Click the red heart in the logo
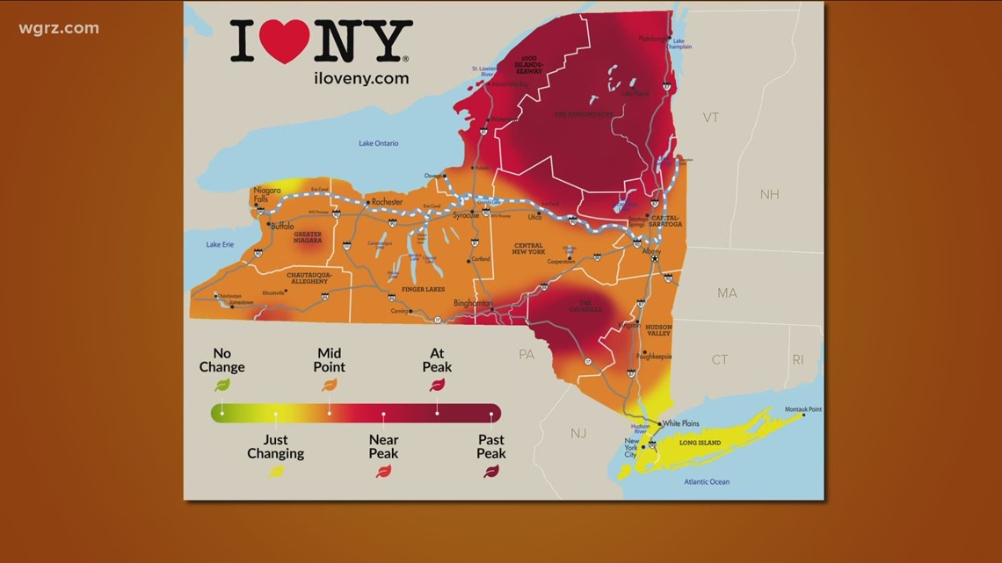click(x=289, y=41)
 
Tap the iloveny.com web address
click(x=361, y=78)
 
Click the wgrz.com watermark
click(x=59, y=28)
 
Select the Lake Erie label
click(x=220, y=244)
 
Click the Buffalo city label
click(x=282, y=226)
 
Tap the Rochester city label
click(x=387, y=202)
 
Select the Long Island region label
click(x=700, y=443)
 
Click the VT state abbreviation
click(x=710, y=118)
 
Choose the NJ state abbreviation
click(x=577, y=433)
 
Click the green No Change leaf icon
click(x=222, y=384)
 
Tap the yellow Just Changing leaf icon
click(x=276, y=472)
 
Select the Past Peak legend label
click(x=491, y=446)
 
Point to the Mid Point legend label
click(x=330, y=359)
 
